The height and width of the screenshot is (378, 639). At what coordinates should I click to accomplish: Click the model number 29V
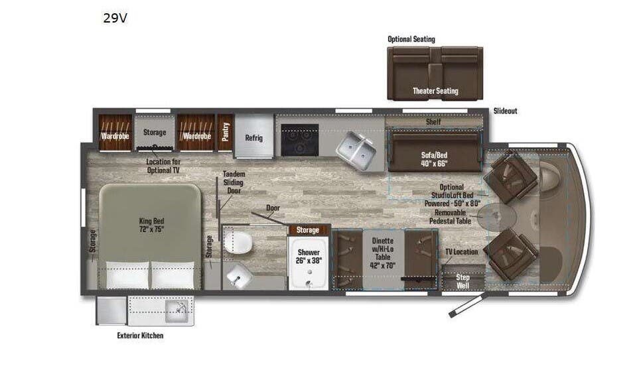[115, 19]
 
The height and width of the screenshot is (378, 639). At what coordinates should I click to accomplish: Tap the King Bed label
[151, 225]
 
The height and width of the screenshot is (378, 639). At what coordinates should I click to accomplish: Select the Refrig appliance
[253, 138]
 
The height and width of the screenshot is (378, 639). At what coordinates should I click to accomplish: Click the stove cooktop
[299, 139]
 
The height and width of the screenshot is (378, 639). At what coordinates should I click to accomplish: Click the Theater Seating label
[435, 91]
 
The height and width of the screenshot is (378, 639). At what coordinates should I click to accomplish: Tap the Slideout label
[505, 111]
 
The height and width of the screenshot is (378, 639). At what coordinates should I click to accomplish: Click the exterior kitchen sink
[177, 308]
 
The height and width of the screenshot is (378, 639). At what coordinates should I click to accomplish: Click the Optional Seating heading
[411, 39]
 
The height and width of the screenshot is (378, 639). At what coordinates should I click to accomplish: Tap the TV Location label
[461, 252]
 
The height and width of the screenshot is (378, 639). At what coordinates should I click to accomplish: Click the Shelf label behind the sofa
[433, 122]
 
